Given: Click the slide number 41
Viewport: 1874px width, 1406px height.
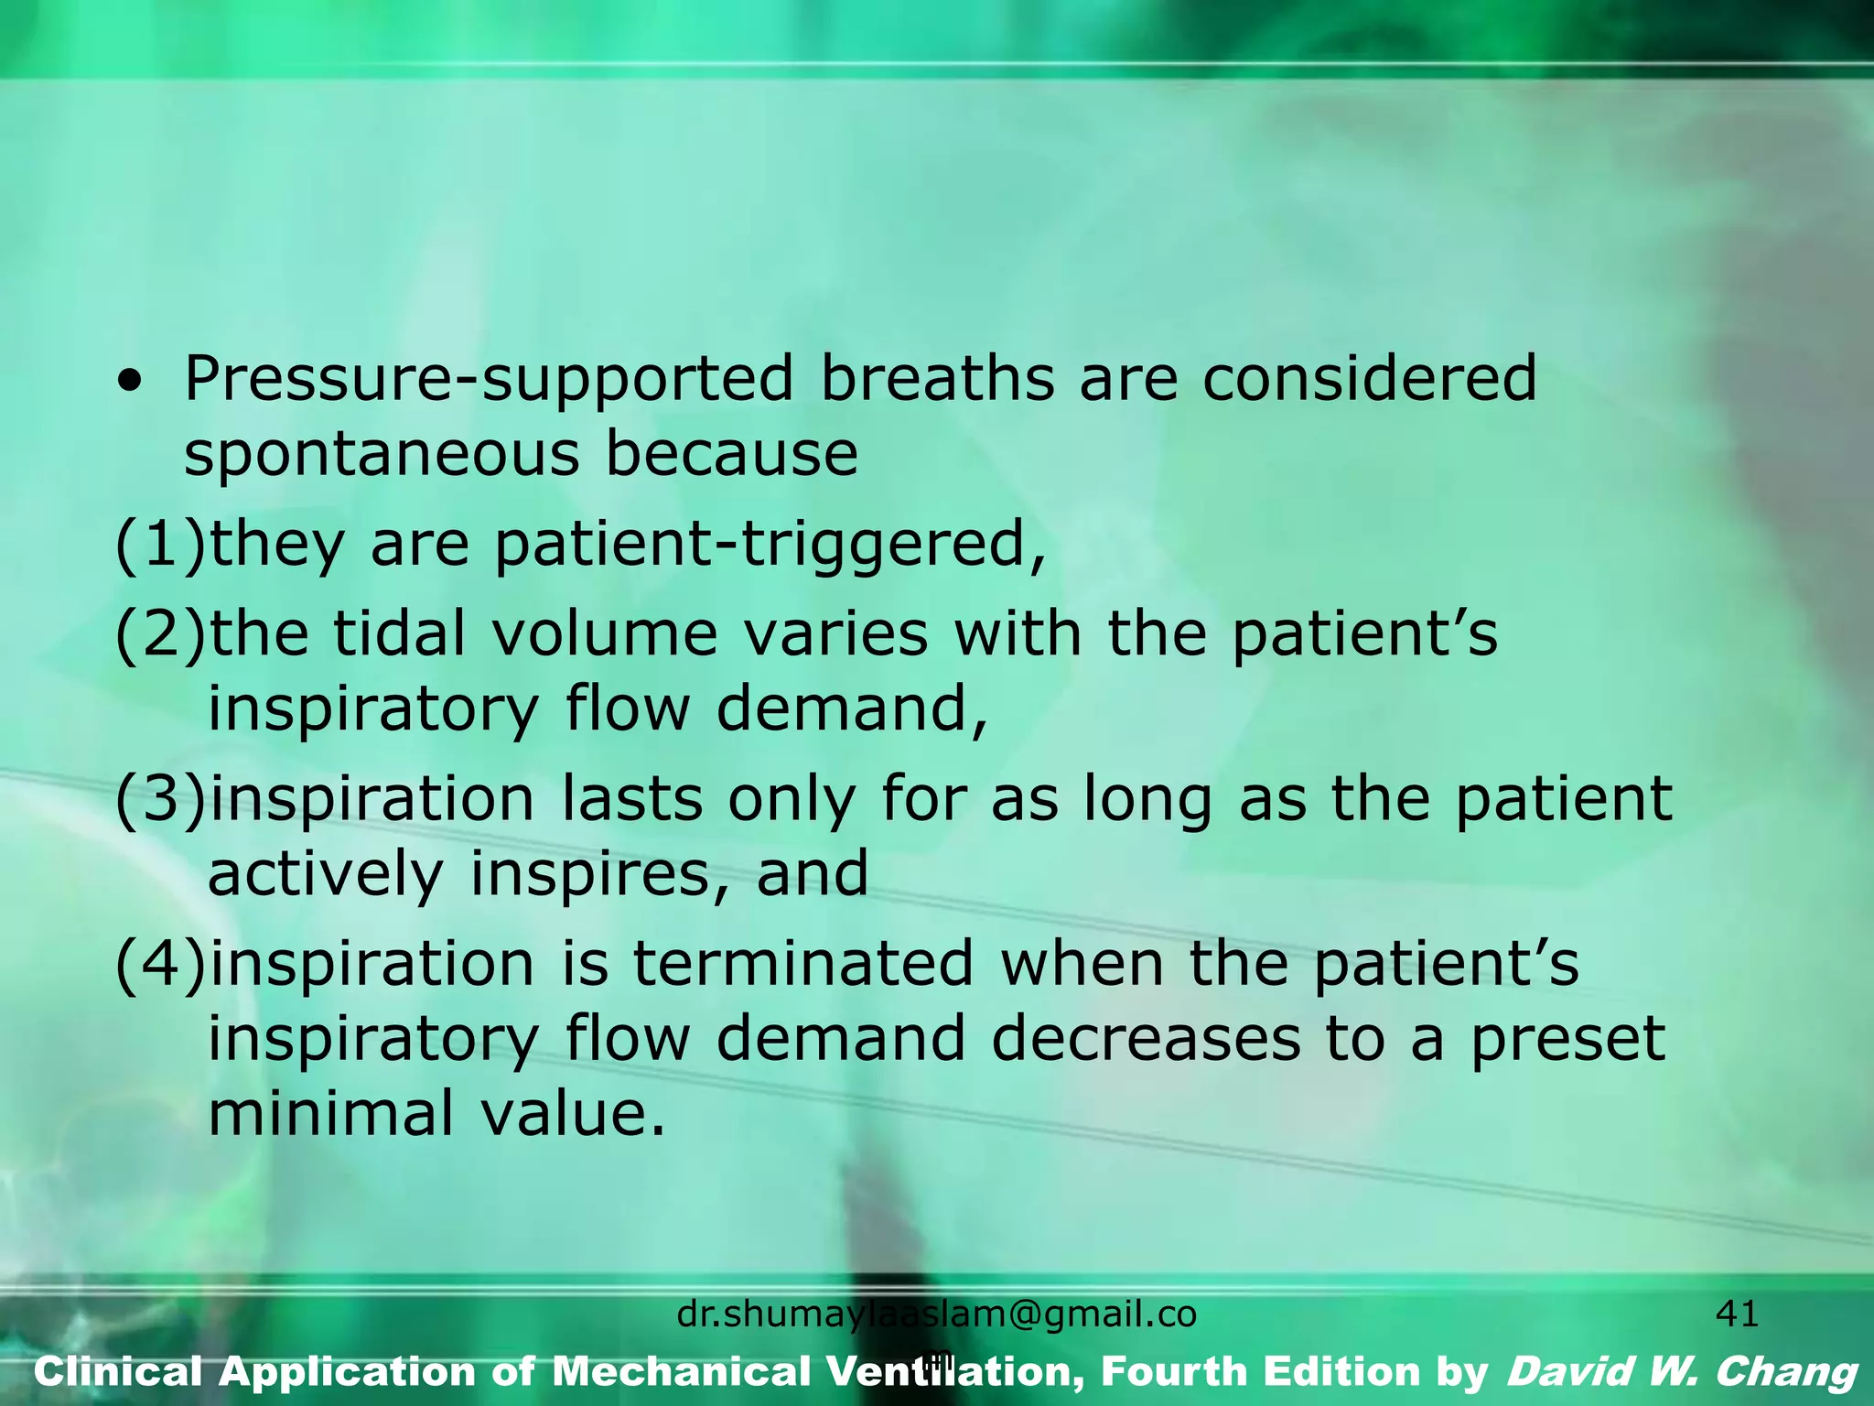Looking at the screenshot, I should pos(1737,1314).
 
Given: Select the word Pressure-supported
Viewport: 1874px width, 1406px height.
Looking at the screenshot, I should pos(489,379).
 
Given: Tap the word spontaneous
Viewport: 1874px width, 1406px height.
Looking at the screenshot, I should pos(382,455).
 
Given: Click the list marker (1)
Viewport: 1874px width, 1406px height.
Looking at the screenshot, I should pos(160,545).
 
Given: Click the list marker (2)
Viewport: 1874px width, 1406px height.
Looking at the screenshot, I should pos(160,633).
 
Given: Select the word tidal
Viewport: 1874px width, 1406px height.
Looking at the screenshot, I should pos(399,633).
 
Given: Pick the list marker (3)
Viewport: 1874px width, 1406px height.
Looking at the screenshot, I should pos(160,798).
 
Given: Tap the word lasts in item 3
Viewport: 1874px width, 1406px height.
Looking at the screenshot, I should pos(631,798).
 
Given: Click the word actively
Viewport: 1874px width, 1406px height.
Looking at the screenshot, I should pos(326,874).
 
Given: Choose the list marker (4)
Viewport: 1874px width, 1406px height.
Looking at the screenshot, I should pos(160,964).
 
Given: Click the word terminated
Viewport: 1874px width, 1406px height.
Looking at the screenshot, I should pos(802,964).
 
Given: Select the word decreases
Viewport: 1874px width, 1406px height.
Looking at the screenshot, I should pos(1145,1039).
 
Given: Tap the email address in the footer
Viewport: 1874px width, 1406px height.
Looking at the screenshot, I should pos(936,1315).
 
